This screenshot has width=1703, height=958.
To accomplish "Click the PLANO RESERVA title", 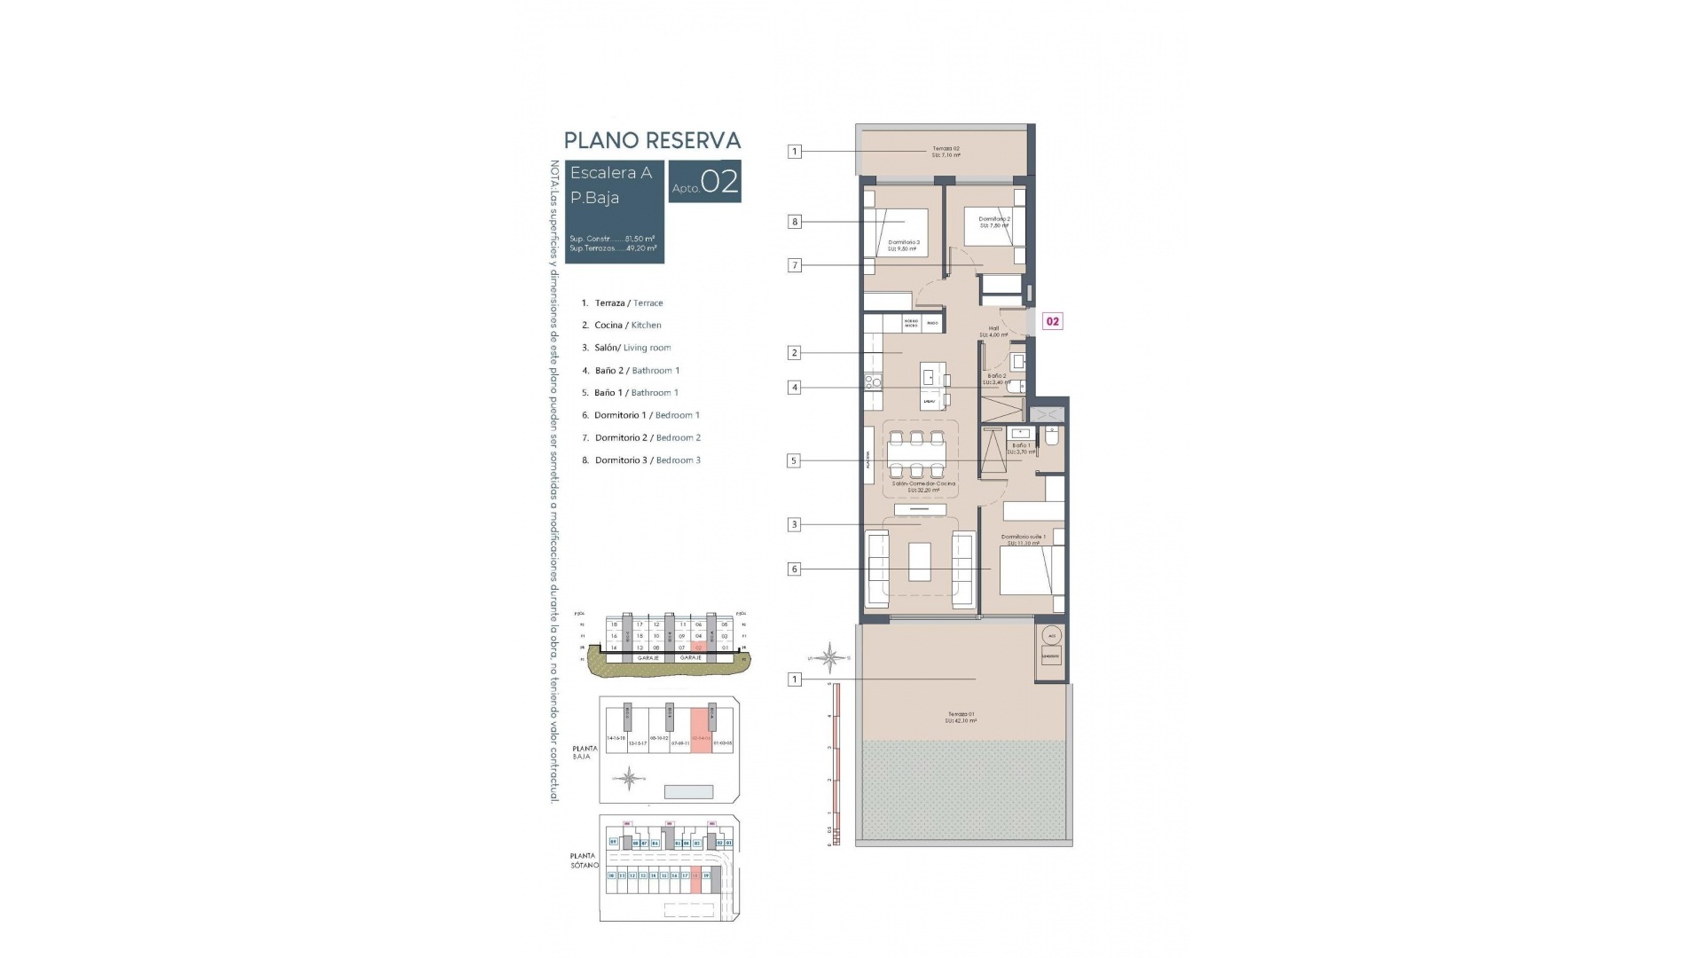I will [x=652, y=140].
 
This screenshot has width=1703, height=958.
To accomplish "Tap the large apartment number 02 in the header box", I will [x=719, y=182].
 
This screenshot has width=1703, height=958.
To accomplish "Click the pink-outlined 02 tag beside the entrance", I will [x=1052, y=322].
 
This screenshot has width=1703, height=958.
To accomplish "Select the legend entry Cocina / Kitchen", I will [x=627, y=326].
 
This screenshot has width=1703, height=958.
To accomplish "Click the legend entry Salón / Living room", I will [x=632, y=348].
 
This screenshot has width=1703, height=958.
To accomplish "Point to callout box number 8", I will [x=795, y=222].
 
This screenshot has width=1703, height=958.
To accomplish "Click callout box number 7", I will [x=795, y=265].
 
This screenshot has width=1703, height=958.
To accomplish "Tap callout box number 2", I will [x=795, y=353].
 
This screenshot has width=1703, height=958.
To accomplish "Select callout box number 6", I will [x=795, y=569].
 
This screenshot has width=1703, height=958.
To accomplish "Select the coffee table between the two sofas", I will [x=920, y=561].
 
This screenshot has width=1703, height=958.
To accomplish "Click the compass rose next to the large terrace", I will [x=830, y=657].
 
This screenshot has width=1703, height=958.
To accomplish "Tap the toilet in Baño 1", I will [x=1052, y=436].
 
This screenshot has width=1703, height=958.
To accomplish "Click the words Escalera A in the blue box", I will [x=610, y=173].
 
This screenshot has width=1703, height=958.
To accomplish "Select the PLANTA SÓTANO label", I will [x=584, y=860].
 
